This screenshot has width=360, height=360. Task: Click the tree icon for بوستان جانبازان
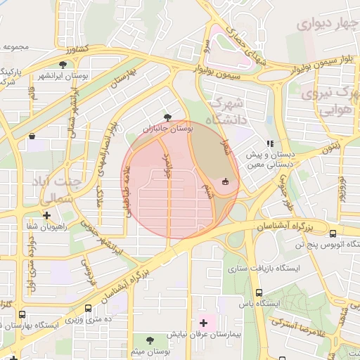coord(167,117)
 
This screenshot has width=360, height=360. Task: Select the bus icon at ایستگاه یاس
coord(259,292)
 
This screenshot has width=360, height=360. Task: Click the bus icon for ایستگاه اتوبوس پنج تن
coord(333,233)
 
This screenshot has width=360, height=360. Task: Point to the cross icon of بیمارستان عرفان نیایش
coord(204,323)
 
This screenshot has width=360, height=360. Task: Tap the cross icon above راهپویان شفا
coord(46,215)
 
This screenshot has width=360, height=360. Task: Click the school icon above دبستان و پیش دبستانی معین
coord(270,143)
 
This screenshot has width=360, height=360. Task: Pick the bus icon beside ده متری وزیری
coord(88,308)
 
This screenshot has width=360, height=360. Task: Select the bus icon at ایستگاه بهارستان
coord(22,315)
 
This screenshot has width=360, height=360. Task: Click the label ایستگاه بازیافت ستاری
coord(266,269)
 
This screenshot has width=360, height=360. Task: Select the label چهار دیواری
coord(323,25)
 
